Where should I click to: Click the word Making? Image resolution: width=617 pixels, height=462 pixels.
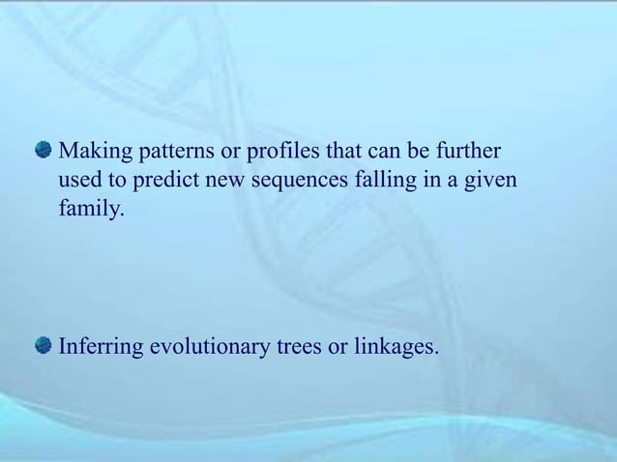click(x=94, y=153)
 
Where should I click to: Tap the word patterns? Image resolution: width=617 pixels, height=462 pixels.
click(x=172, y=153)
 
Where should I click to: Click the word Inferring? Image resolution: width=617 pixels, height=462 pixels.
click(x=100, y=346)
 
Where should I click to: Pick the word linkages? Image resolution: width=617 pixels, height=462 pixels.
click(x=397, y=346)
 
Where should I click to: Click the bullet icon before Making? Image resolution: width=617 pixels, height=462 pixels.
click(x=44, y=151)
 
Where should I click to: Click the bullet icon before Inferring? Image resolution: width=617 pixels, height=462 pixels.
click(x=44, y=345)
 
